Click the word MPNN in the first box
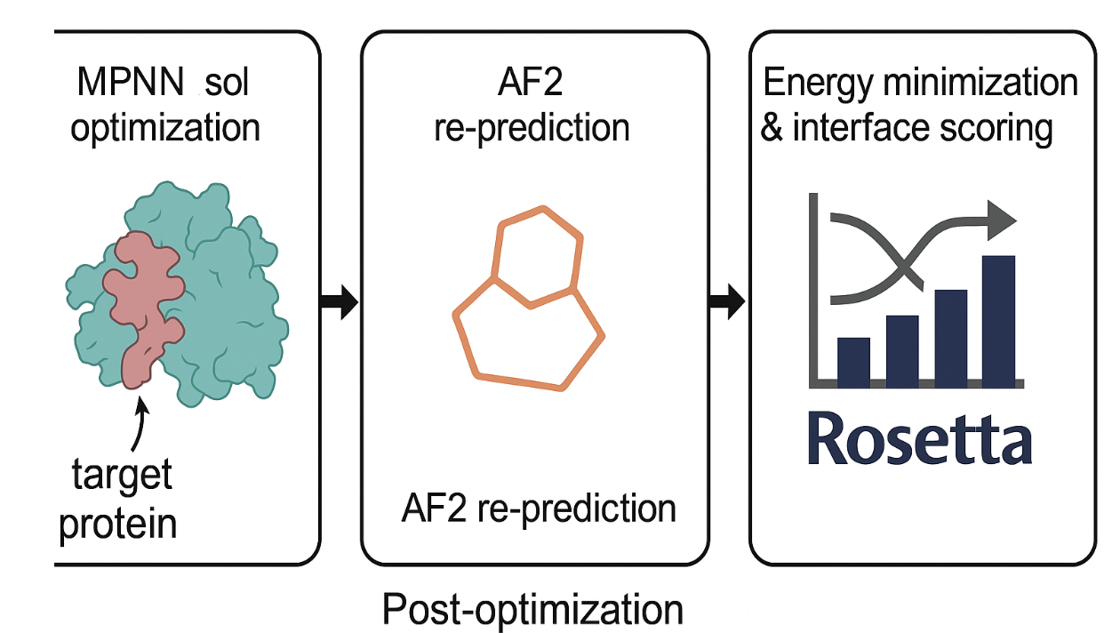(128, 83)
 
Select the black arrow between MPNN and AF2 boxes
(338, 303)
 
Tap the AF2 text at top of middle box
(532, 83)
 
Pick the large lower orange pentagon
(528, 338)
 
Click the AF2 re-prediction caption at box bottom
(539, 509)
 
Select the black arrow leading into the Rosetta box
(728, 303)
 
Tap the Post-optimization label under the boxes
(532, 611)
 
